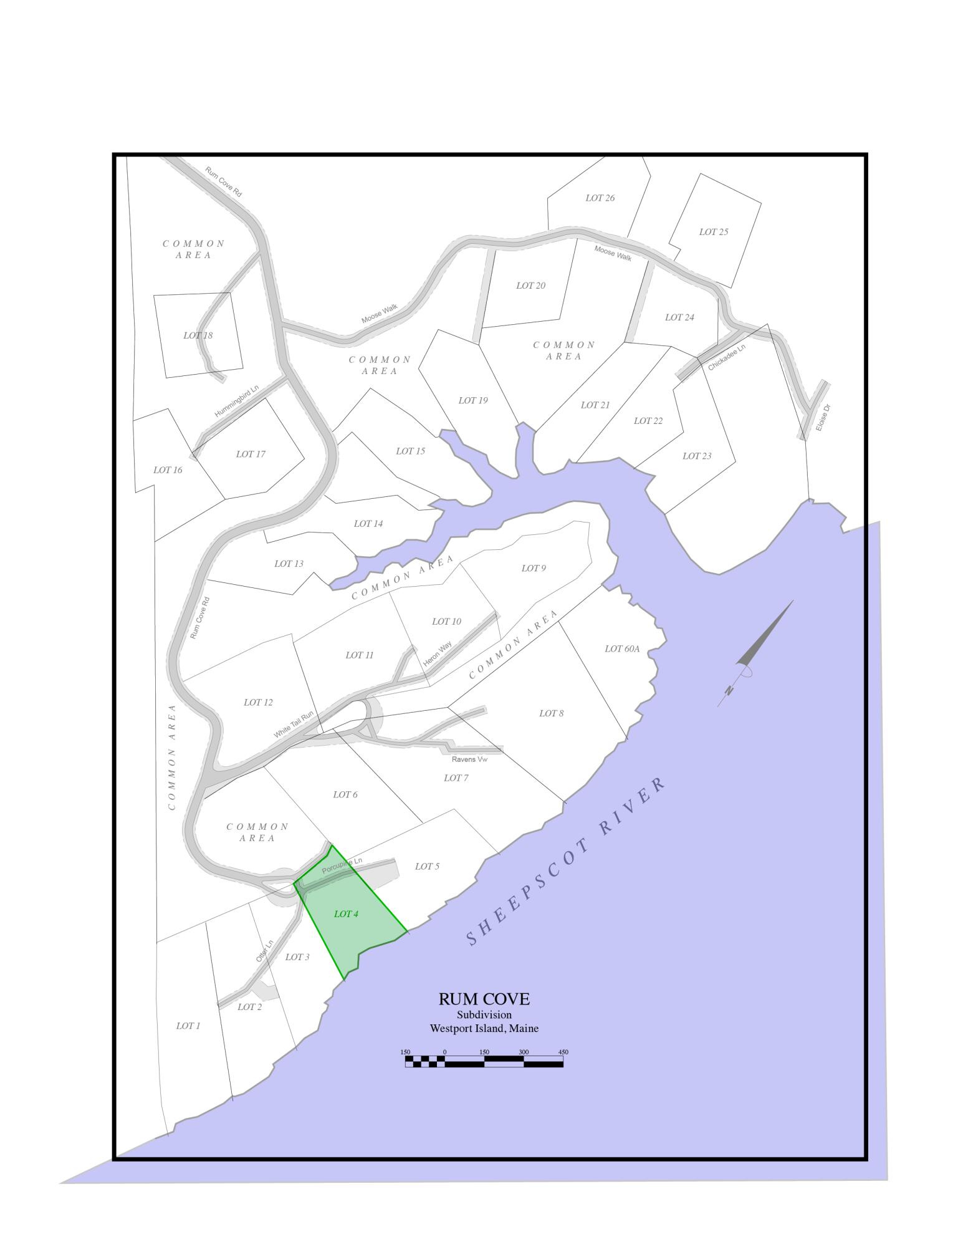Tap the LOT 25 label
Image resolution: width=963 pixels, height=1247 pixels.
(x=713, y=232)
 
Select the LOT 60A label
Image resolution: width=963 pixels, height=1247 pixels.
(x=622, y=649)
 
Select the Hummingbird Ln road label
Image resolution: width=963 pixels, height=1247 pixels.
(x=236, y=402)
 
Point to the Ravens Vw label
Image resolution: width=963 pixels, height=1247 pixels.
(x=469, y=759)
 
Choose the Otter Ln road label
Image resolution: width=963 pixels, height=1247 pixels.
(x=264, y=951)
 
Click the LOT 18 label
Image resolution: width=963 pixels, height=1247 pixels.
(x=198, y=335)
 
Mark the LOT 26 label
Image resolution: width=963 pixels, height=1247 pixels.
(x=600, y=198)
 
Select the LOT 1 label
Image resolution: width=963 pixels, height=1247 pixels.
(x=188, y=1026)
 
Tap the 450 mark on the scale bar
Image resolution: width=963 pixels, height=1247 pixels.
(x=563, y=1052)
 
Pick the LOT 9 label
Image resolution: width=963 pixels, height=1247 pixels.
(x=534, y=568)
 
